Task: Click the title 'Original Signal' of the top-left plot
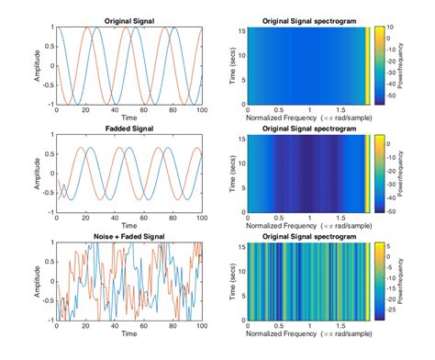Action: [x=128, y=19]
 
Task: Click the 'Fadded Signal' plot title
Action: [x=128, y=128]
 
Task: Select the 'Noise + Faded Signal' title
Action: [x=128, y=236]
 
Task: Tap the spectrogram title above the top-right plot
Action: [x=308, y=19]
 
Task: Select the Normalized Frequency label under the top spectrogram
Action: [x=307, y=118]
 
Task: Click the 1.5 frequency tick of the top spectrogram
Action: [x=340, y=110]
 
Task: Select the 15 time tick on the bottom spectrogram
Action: [x=240, y=246]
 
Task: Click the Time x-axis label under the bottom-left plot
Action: [x=129, y=335]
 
